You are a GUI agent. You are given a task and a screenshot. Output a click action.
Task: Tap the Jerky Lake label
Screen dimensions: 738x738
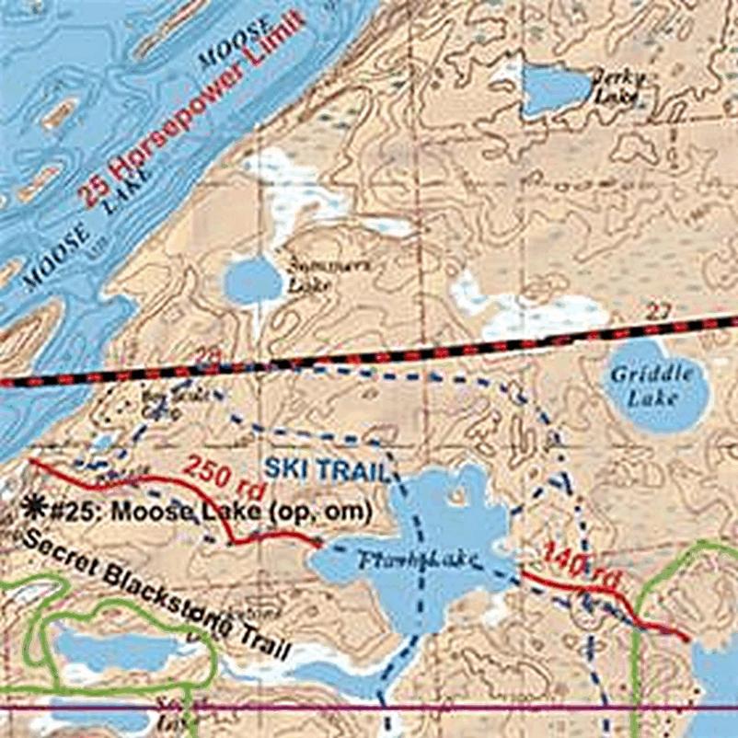point(614,86)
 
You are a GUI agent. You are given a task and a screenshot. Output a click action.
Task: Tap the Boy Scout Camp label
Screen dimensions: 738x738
point(159,406)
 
